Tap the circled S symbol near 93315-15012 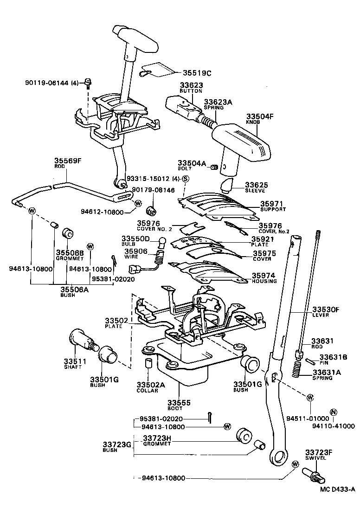(186, 179)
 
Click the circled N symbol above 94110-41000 (333, 412)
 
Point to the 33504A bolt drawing (214, 167)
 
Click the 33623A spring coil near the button (207, 122)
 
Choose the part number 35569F (66, 161)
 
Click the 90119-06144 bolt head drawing (88, 84)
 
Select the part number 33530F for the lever (326, 309)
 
